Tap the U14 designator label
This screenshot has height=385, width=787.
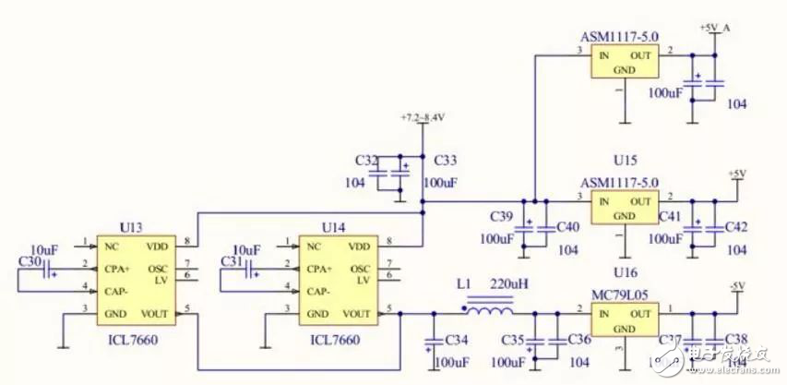click(334, 226)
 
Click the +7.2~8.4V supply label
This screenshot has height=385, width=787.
click(423, 119)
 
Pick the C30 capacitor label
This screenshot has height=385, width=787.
click(30, 262)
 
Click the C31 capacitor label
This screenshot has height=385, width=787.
click(232, 262)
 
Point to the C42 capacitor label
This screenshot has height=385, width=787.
click(737, 226)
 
